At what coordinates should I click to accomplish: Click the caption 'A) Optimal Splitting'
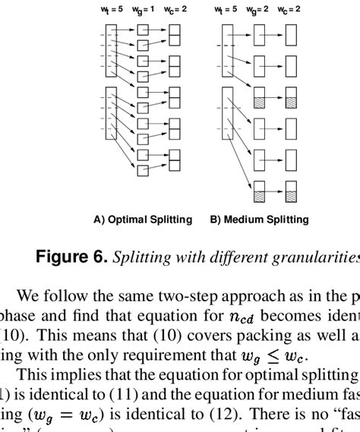tap(143, 220)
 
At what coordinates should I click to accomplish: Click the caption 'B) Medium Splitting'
tap(260, 220)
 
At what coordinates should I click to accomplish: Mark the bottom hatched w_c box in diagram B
tap(292, 192)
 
